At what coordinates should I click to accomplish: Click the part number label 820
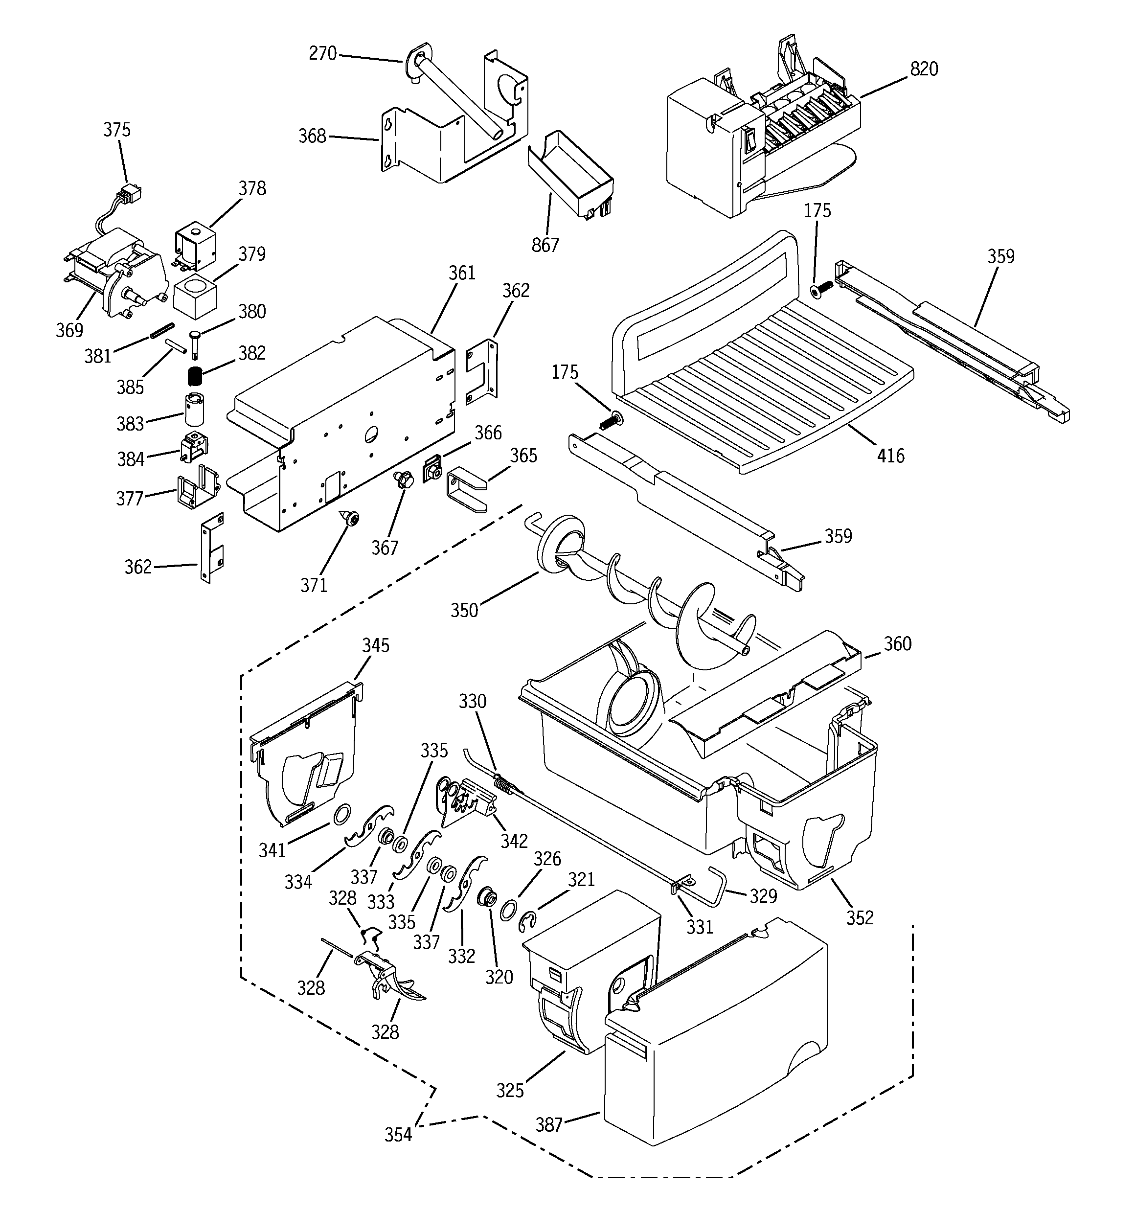click(x=924, y=69)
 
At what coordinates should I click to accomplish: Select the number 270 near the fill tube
click(x=322, y=54)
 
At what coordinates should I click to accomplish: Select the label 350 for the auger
click(x=464, y=610)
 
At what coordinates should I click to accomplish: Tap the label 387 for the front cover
click(x=548, y=1124)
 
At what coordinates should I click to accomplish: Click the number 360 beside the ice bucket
click(x=897, y=643)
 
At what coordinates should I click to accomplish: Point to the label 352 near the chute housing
click(x=860, y=917)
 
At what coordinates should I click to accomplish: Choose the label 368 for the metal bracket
click(x=312, y=136)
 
